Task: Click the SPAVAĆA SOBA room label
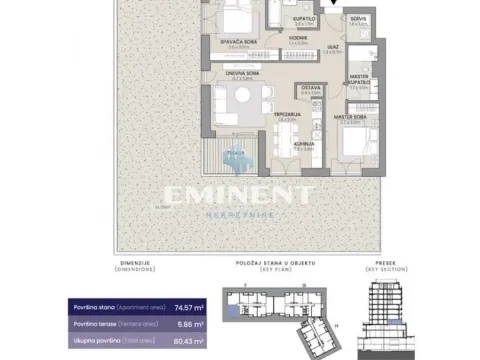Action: coord(237,41)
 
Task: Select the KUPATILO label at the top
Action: coord(304,18)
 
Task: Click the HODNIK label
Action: coord(297,38)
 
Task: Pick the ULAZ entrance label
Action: coord(329,45)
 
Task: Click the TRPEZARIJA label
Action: coord(290,114)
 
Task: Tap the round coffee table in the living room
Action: coord(240,100)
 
